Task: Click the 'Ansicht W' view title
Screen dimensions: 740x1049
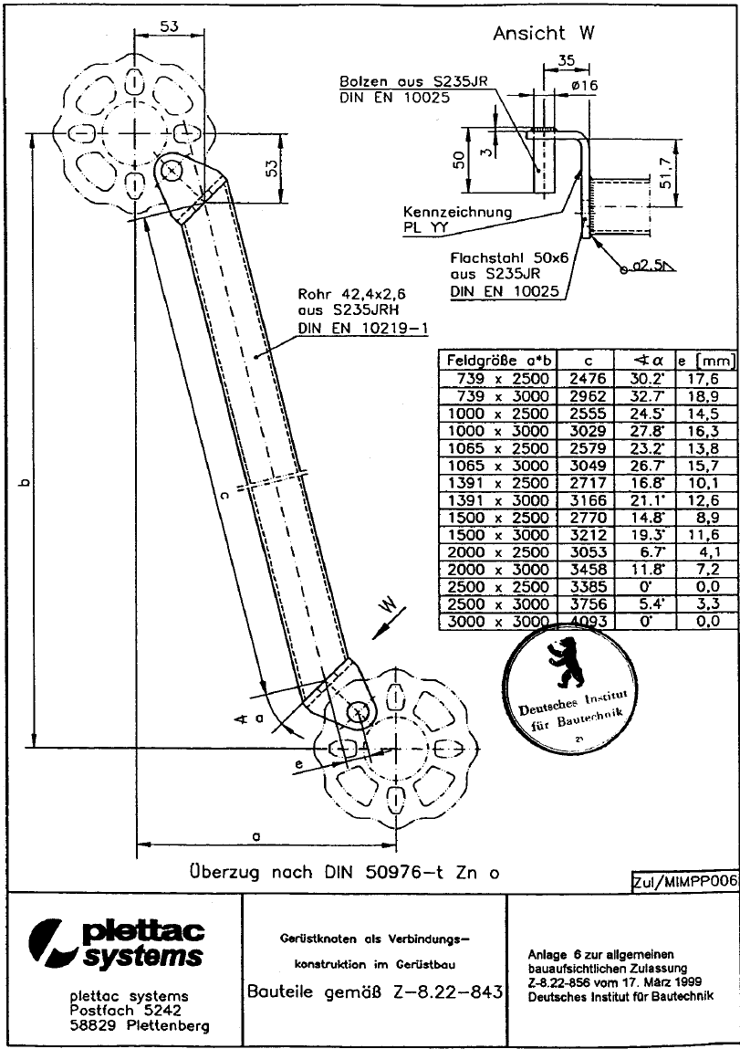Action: [544, 34]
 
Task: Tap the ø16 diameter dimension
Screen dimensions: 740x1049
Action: [584, 85]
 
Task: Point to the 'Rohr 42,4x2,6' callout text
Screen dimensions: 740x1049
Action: [351, 294]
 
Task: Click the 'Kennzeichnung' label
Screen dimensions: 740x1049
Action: [457, 212]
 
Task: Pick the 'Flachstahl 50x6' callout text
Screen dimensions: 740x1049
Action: [509, 257]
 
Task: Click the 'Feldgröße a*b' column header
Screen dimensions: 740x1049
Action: [498, 361]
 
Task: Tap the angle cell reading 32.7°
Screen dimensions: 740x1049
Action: [645, 396]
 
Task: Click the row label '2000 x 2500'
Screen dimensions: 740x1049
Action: [498, 552]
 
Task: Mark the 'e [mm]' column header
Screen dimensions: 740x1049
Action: [706, 362]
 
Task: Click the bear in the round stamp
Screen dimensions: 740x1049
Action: [564, 663]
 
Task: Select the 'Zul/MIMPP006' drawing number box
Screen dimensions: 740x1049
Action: [684, 881]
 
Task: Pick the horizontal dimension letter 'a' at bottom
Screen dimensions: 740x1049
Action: [256, 835]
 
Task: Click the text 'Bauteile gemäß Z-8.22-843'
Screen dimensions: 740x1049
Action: [375, 991]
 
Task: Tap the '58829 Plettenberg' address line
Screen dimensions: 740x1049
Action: [139, 1025]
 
